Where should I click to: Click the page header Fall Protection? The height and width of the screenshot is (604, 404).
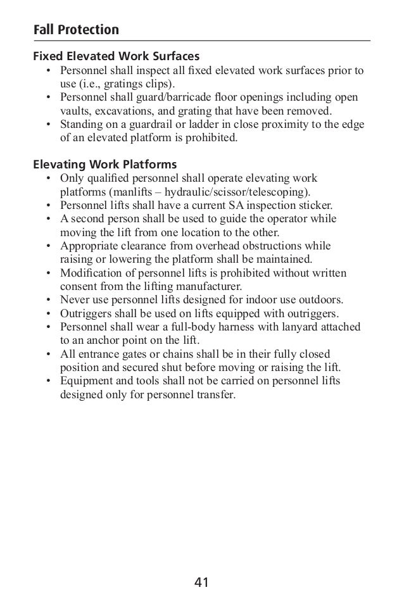[x=76, y=29]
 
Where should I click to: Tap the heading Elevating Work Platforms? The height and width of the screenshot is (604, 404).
[x=104, y=165]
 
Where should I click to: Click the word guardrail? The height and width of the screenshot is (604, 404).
[x=144, y=124]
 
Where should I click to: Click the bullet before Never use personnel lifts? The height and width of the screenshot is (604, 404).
[x=49, y=300]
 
